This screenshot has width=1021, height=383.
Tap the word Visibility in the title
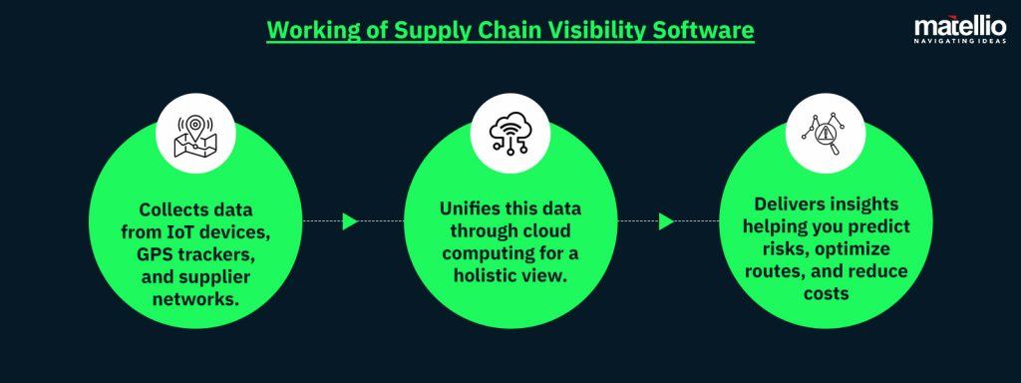[x=591, y=31]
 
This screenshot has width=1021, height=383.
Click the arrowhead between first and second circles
[x=350, y=221]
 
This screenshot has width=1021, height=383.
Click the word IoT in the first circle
[x=190, y=232]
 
